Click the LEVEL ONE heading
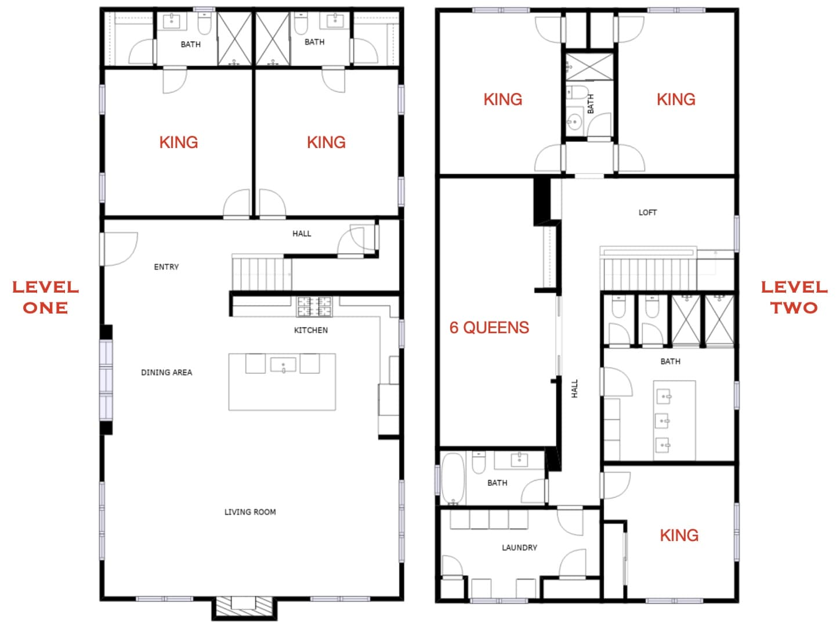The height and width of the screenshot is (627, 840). coord(46,298)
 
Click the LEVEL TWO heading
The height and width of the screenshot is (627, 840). coord(794,298)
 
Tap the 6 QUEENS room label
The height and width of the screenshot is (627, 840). coord(489,328)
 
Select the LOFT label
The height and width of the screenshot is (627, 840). coord(647,212)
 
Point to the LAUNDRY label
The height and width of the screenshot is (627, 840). coord(519,547)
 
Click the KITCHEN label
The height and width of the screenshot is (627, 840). coord(311,330)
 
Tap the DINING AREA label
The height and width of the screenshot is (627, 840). coord(166,372)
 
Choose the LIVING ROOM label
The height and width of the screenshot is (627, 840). coord(250,511)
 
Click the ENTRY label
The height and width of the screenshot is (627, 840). coord(166,267)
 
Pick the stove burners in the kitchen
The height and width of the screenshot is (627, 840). coord(314,307)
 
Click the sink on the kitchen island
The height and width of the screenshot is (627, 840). coord(283,365)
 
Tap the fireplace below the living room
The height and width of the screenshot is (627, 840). coord(244,608)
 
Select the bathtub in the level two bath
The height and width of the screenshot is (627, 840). coord(453,478)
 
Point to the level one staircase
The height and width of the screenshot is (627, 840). coord(262,273)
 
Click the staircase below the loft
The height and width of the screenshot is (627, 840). coord(650,273)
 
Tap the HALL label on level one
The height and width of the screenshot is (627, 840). coord(302,233)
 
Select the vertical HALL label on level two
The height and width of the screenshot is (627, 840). coord(574,389)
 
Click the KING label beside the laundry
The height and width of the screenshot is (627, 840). coord(679,535)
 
